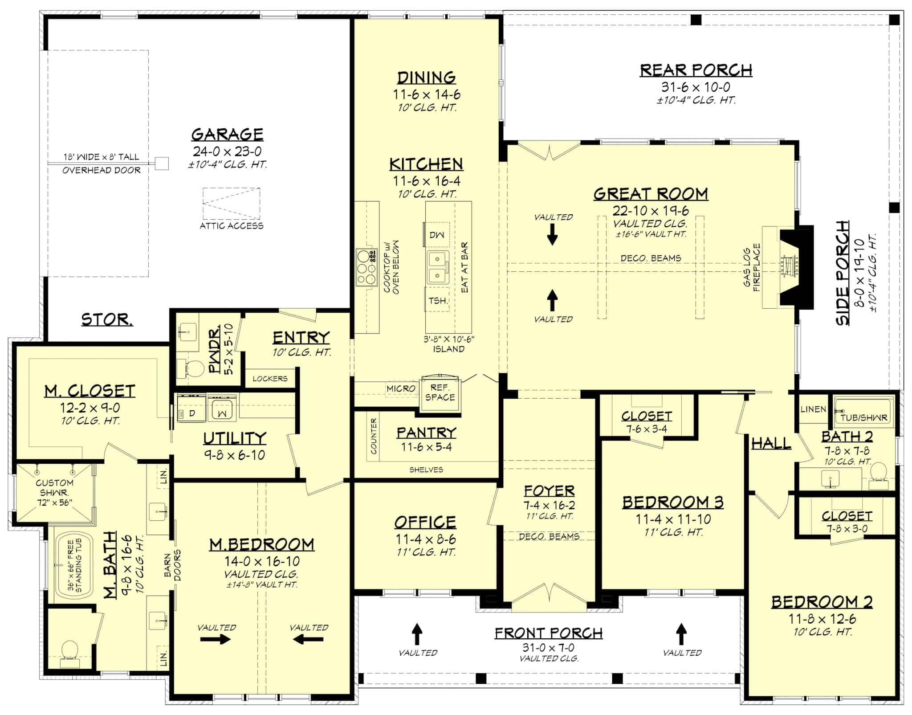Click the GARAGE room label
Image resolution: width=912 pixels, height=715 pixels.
[227, 134]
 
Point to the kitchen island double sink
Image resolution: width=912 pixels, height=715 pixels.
[437, 267]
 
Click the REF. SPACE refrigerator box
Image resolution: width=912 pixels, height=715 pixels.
[440, 393]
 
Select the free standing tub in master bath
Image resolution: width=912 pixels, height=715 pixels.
[74, 565]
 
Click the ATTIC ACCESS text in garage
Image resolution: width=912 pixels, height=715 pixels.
[231, 226]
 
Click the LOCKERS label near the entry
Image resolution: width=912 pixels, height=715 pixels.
[270, 379]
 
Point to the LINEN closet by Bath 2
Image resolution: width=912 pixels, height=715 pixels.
[813, 409]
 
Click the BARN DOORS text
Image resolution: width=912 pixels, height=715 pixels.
[172, 565]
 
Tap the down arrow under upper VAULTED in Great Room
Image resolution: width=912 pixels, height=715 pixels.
[552, 235]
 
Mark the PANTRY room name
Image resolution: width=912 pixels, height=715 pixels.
[426, 433]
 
